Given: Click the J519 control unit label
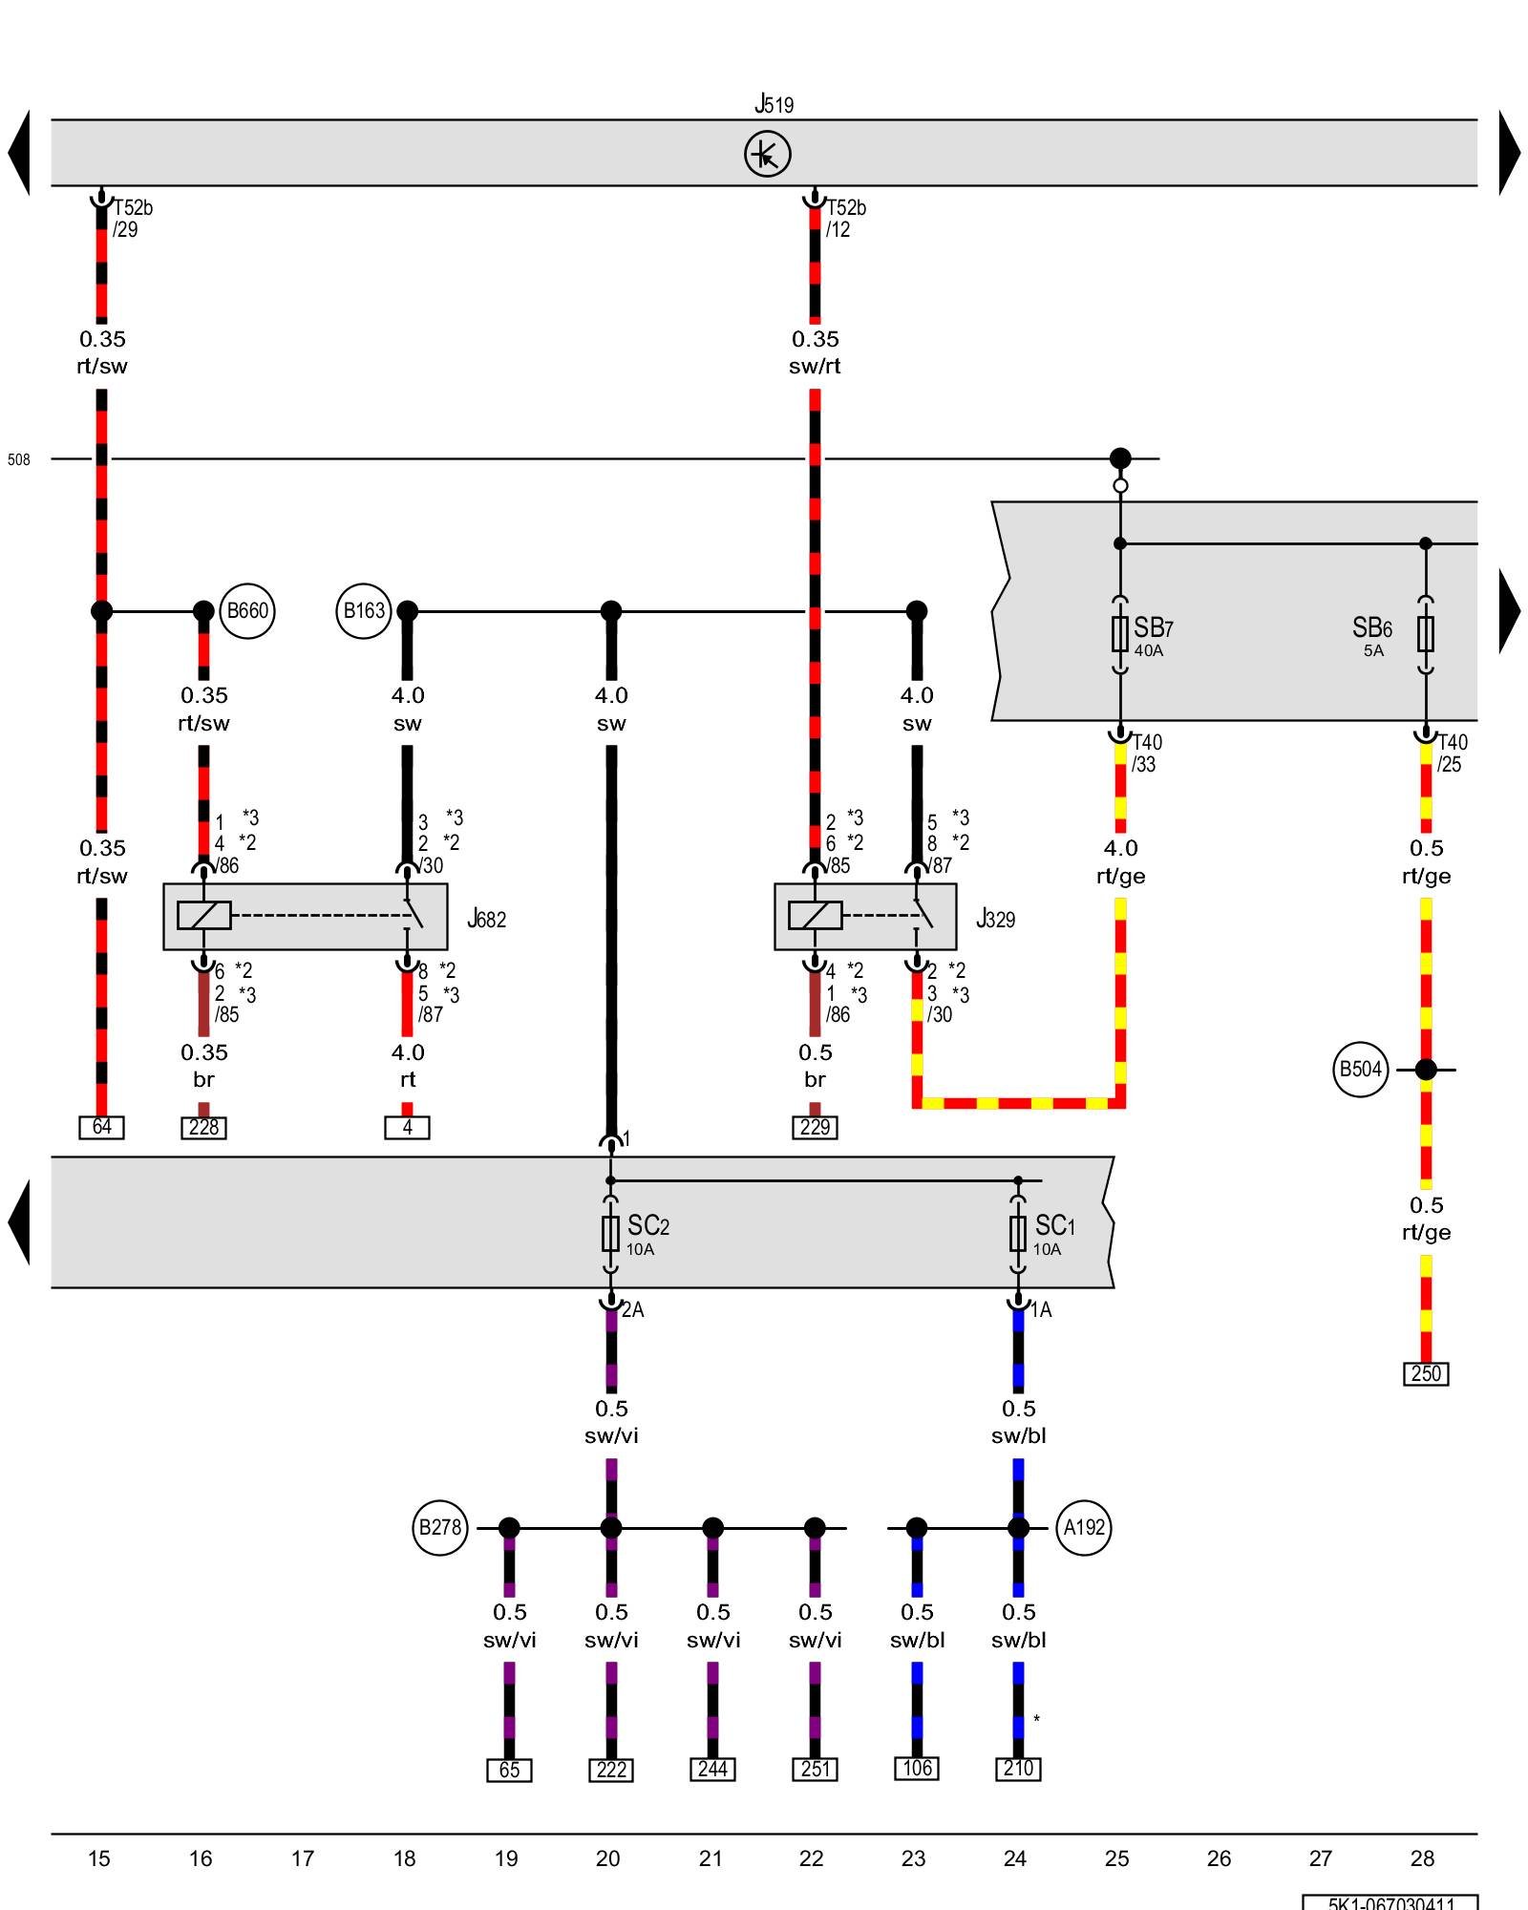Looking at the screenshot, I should point(774,103).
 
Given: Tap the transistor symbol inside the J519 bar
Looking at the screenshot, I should point(768,154).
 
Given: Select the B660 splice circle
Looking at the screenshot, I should point(247,610).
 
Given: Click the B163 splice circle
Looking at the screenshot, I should point(364,610).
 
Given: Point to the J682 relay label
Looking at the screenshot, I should point(487,919).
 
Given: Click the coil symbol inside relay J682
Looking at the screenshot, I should point(204,915).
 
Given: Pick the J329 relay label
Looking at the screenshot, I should point(995,919).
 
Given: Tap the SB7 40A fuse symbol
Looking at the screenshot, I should point(1120,633).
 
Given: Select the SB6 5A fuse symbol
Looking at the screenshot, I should point(1425,633).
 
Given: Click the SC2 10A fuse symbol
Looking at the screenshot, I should point(611,1233).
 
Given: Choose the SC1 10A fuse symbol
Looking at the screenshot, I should point(1018,1233).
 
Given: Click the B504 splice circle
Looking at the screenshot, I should point(1360,1070).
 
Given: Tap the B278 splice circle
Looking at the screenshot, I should point(440,1527).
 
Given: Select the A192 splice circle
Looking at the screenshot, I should point(1084,1527).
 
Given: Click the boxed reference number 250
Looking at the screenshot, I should point(1426,1373).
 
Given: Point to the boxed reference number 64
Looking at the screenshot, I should point(102,1127).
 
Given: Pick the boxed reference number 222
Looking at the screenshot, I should point(611,1770).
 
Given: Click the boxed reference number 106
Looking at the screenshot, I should point(917,1768).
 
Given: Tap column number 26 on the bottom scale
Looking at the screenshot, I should point(1219,1858).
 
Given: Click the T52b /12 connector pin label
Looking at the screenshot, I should point(845,219).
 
